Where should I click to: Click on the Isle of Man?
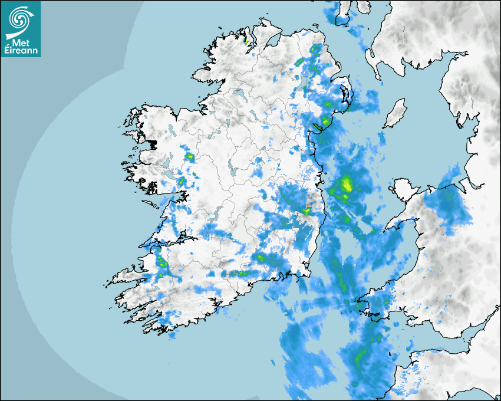pos(395,114)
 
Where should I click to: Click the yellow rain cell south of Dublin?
pos(306,211)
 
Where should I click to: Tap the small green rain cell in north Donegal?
pos(246,42)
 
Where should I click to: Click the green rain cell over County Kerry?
pos(160,262)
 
